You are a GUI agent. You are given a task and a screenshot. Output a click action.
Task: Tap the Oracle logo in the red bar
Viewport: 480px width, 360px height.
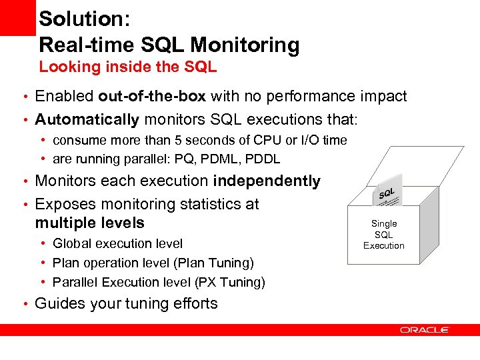click(x=425, y=329)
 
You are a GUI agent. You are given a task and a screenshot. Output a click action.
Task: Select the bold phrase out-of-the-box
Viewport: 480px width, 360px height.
click(x=153, y=97)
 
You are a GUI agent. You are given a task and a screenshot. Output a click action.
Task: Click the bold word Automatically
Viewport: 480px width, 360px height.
click(x=87, y=120)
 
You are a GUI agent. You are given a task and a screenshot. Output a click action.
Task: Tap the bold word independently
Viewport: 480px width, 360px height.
click(x=267, y=181)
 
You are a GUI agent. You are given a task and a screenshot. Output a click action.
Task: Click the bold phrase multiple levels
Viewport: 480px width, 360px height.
click(x=89, y=222)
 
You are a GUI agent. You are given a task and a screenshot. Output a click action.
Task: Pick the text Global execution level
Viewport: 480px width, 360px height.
click(x=117, y=244)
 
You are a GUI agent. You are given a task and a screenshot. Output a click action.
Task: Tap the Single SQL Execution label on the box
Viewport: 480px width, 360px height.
click(x=383, y=235)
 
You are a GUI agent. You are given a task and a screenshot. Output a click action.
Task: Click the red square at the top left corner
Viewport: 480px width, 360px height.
click(x=17, y=17)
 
